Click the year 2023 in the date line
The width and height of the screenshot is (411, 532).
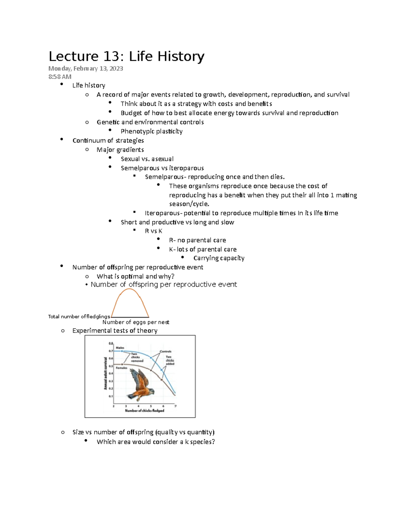coord(116,69)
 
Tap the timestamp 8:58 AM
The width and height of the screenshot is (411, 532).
coord(60,77)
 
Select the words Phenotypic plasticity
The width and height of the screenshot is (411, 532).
coord(151,131)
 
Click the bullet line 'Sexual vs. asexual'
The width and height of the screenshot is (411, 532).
coord(147,159)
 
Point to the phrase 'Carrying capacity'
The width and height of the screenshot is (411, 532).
coord(219,258)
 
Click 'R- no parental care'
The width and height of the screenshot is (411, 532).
coord(197,240)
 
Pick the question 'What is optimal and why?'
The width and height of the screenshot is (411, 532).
coord(135,276)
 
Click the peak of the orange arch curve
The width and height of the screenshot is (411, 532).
coord(129,289)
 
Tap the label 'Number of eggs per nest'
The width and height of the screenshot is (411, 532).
coord(136,322)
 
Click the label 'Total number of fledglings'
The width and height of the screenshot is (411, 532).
coord(79,317)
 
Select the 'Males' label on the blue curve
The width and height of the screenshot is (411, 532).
coord(120,348)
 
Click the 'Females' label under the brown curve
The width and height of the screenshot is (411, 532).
coord(121,368)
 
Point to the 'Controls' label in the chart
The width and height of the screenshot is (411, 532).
coord(165,351)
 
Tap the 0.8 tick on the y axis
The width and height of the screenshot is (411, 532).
coord(111,343)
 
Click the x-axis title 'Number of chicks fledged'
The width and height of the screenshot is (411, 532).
coord(144,410)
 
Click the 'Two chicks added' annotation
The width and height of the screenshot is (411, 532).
coord(170,360)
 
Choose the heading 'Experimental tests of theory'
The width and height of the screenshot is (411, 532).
coord(115,331)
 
